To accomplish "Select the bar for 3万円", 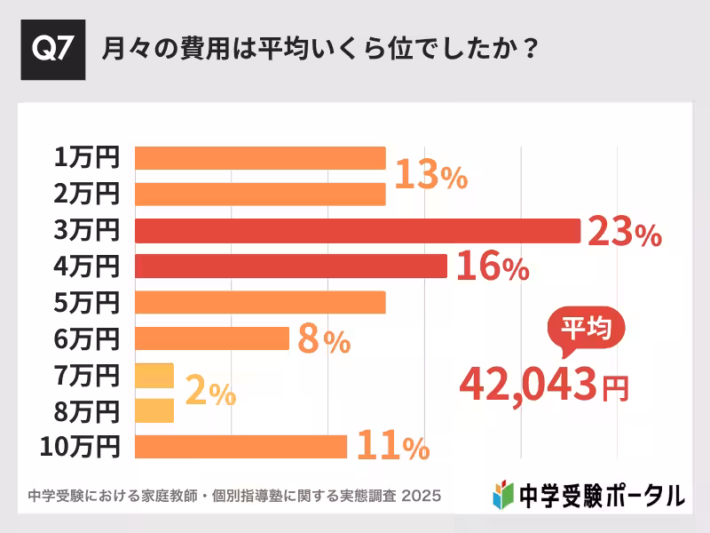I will click(357, 230).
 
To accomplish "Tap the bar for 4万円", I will click(290, 266).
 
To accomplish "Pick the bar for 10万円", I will click(241, 447).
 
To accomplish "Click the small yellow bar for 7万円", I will click(154, 375).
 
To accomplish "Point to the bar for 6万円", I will click(212, 338).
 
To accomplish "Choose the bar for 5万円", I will click(260, 302).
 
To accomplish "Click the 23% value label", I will click(625, 233).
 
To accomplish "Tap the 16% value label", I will click(493, 267).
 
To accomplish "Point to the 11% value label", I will click(392, 448).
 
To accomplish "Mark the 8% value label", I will click(324, 340).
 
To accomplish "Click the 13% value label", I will click(430, 176).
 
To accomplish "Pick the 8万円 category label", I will click(86, 411).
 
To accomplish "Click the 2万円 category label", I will click(86, 194).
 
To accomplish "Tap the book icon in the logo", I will click(502, 494).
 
